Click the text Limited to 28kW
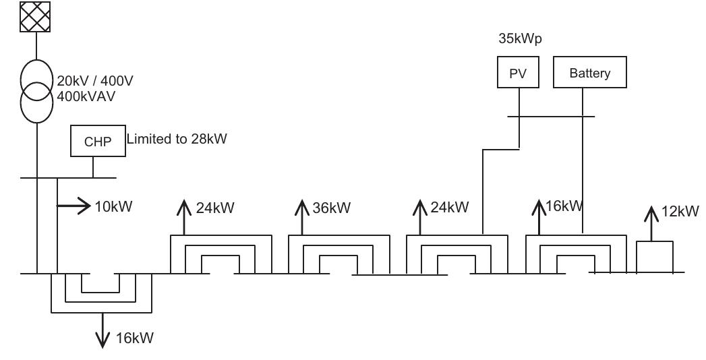[x=176, y=140]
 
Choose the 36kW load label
[x=332, y=208]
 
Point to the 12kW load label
[x=680, y=212]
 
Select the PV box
[x=519, y=73]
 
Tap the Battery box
[x=589, y=73]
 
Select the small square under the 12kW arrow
[x=655, y=256]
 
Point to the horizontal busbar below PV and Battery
[x=551, y=116]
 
